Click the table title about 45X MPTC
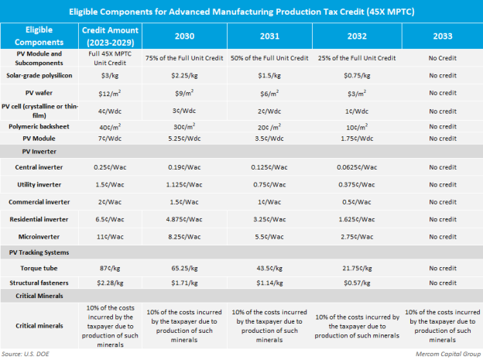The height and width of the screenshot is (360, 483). [241, 13]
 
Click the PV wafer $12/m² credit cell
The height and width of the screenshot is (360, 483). [108, 90]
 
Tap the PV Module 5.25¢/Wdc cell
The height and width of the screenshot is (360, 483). [184, 138]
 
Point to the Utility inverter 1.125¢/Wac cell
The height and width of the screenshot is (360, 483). [184, 185]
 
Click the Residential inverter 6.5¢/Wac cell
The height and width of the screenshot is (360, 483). [108, 220]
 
